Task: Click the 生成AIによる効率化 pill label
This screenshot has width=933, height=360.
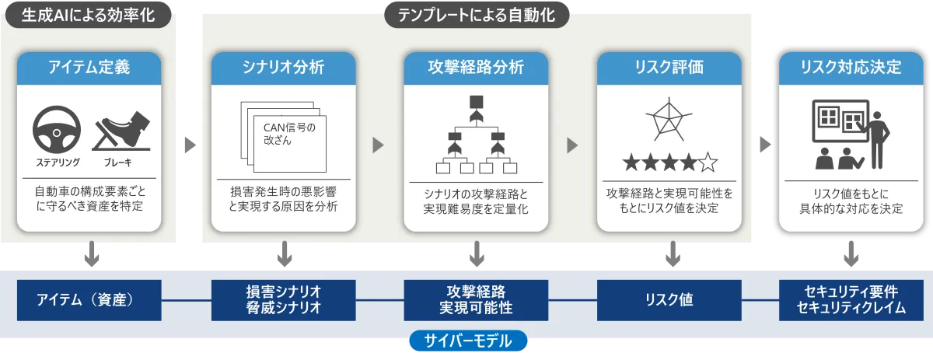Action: tap(89, 15)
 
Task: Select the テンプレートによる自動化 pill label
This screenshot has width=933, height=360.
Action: tap(477, 15)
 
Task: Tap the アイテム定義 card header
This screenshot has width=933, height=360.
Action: tap(89, 68)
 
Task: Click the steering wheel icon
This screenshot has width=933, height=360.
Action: tap(57, 130)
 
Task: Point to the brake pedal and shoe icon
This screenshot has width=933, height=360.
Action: tap(121, 131)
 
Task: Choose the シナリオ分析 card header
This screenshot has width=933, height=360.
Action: tap(283, 68)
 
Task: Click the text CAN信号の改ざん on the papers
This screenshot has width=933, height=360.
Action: tap(289, 134)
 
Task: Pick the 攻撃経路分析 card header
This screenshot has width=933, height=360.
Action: tap(476, 68)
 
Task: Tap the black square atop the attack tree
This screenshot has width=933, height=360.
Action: tap(477, 102)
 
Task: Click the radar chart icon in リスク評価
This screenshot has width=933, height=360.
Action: tap(669, 120)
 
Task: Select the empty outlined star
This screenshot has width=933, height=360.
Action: tap(708, 163)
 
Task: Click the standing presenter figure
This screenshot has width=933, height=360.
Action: tap(878, 140)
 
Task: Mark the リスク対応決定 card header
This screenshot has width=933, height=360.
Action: tap(851, 68)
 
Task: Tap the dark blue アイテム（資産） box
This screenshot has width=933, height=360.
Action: tap(89, 300)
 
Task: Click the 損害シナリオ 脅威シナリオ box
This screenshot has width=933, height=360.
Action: tap(283, 300)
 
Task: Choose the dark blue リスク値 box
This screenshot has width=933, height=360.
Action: tap(669, 300)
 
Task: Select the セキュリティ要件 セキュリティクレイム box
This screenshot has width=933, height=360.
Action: tap(851, 300)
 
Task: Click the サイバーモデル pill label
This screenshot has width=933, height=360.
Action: tap(468, 341)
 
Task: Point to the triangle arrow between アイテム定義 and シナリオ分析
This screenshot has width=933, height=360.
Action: tap(190, 145)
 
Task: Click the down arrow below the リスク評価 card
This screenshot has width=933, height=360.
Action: tap(673, 253)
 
